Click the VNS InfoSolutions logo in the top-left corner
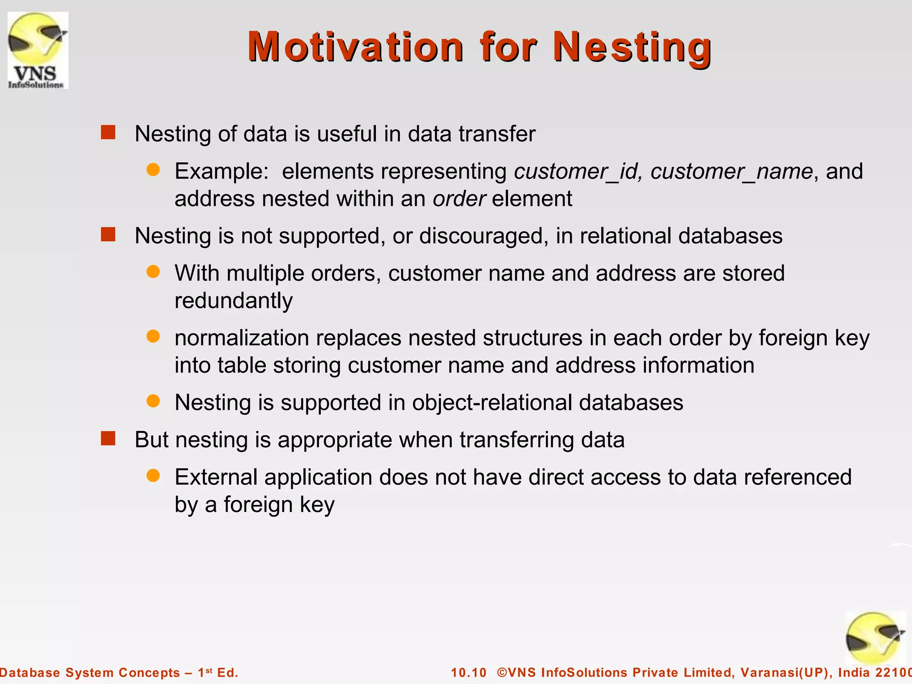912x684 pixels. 38,50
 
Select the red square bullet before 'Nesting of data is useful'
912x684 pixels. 108,132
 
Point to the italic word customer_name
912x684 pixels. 732,171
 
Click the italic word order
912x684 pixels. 459,199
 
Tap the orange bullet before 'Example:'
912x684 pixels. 153,170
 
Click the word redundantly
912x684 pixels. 233,301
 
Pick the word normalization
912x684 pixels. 242,338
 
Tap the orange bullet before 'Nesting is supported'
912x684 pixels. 153,401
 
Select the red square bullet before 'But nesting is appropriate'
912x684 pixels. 108,438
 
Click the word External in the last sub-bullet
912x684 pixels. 216,477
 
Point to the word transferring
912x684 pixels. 517,440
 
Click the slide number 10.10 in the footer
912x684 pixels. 469,672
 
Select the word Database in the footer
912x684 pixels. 30,672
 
